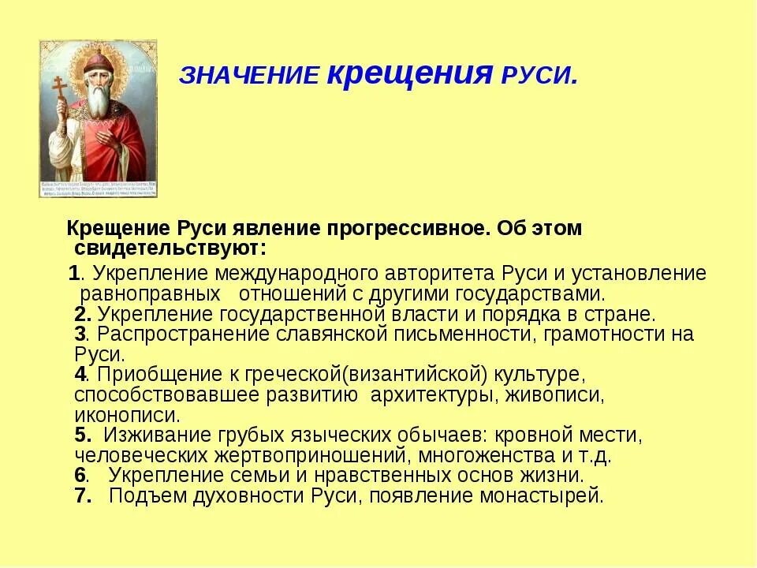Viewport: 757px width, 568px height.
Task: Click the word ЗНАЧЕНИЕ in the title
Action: pyautogui.click(x=249, y=76)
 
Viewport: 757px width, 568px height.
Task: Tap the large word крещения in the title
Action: pyautogui.click(x=409, y=72)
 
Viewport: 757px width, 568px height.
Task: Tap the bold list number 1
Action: pyautogui.click(x=74, y=274)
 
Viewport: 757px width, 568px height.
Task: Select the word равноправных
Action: pyautogui.click(x=150, y=294)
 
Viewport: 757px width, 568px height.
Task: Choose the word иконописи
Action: pyautogui.click(x=126, y=414)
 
